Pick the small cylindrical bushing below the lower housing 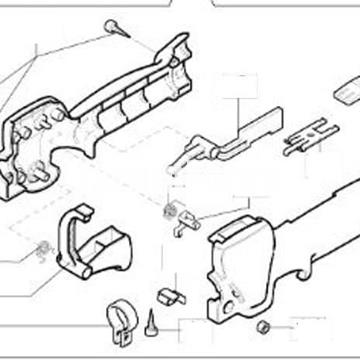264,327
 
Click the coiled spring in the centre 169,210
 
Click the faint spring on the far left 42,248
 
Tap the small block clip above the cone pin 169,296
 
